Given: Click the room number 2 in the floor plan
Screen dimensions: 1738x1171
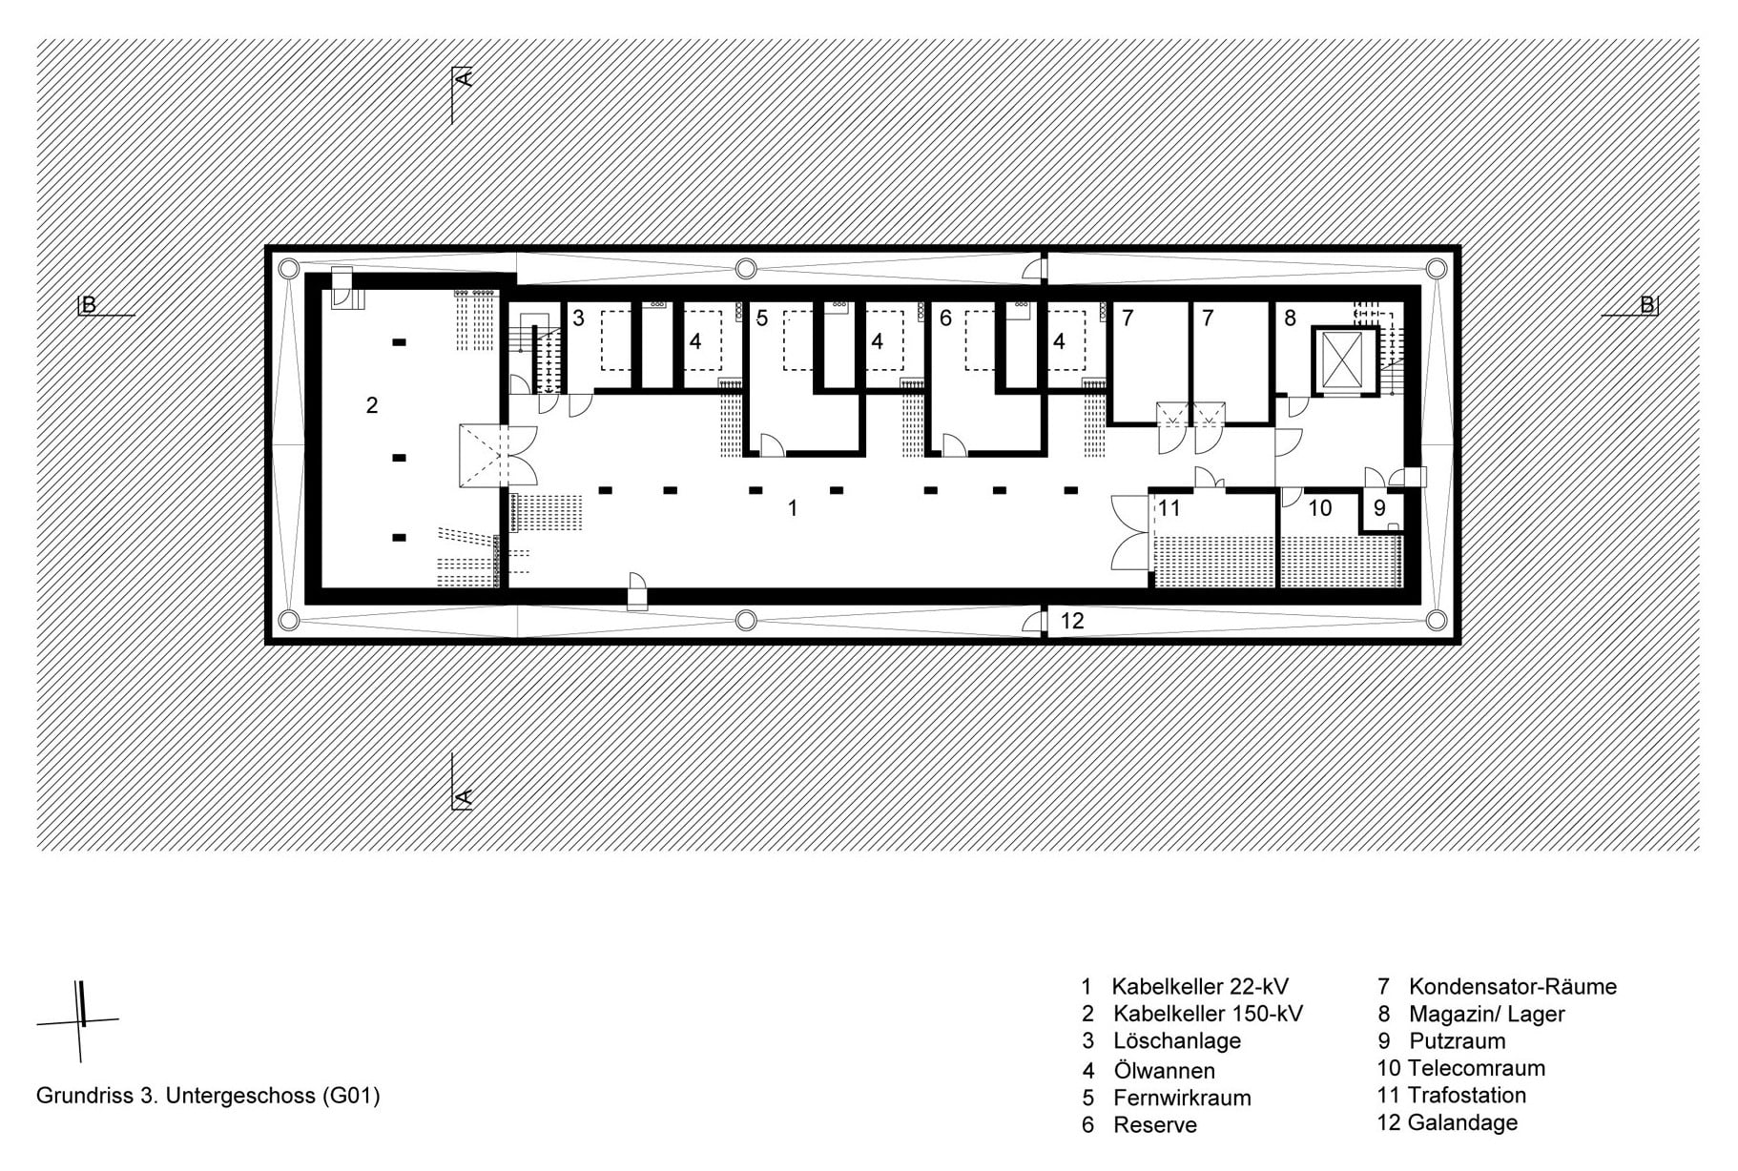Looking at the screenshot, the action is pyautogui.click(x=372, y=405).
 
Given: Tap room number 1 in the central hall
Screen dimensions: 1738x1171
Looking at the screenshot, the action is pyautogui.click(x=793, y=508).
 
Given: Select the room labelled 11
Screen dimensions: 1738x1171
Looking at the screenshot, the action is pyautogui.click(x=1169, y=508).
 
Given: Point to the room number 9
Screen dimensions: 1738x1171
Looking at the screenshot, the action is pyautogui.click(x=1379, y=508).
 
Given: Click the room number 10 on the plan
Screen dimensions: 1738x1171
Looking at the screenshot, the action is pyautogui.click(x=1320, y=508).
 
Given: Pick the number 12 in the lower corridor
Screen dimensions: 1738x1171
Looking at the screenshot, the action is pyautogui.click(x=1072, y=621).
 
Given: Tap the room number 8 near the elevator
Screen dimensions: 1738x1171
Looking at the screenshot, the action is pyautogui.click(x=1290, y=318).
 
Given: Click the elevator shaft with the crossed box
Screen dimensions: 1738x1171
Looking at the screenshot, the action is pyautogui.click(x=1346, y=360).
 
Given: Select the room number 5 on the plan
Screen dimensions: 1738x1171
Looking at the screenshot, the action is pyautogui.click(x=762, y=318).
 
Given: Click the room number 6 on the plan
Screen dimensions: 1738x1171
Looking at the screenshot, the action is pyautogui.click(x=945, y=318).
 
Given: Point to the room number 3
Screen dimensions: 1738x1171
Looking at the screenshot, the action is pyautogui.click(x=578, y=318).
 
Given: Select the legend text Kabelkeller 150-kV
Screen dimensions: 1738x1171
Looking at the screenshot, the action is pyautogui.click(x=1208, y=1014).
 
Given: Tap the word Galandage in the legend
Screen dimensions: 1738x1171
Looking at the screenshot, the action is pyautogui.click(x=1462, y=1123).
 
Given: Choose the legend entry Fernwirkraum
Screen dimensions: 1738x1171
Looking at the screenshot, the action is pyautogui.click(x=1182, y=1098).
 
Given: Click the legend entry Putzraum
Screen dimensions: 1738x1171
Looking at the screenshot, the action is pyautogui.click(x=1457, y=1041).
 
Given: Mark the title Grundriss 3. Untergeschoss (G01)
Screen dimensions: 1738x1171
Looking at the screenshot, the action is pyautogui.click(x=208, y=1096).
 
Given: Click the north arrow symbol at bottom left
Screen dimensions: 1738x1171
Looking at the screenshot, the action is pyautogui.click(x=81, y=1021).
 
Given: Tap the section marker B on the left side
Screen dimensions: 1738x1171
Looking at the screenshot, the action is pyautogui.click(x=89, y=306).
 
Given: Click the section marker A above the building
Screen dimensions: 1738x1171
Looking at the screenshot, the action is pyautogui.click(x=463, y=78).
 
